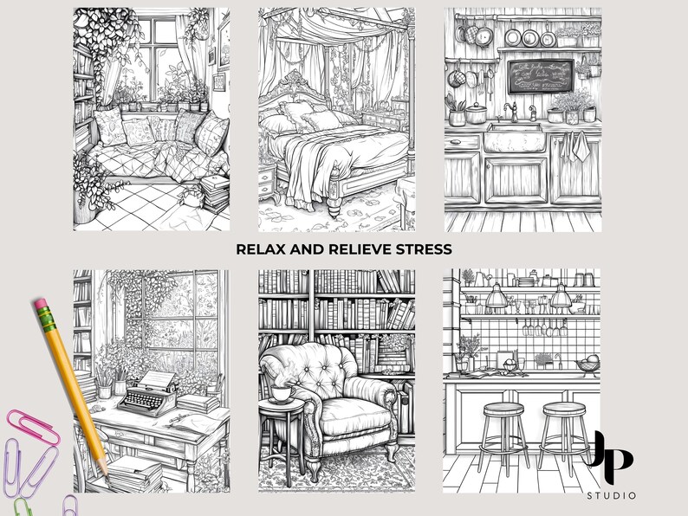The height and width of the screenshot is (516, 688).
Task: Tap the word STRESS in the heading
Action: [424, 249]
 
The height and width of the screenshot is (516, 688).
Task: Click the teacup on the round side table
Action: [280, 393]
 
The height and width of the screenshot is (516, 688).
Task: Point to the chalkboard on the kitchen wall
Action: [540, 75]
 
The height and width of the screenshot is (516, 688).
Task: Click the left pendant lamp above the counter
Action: [497, 300]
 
